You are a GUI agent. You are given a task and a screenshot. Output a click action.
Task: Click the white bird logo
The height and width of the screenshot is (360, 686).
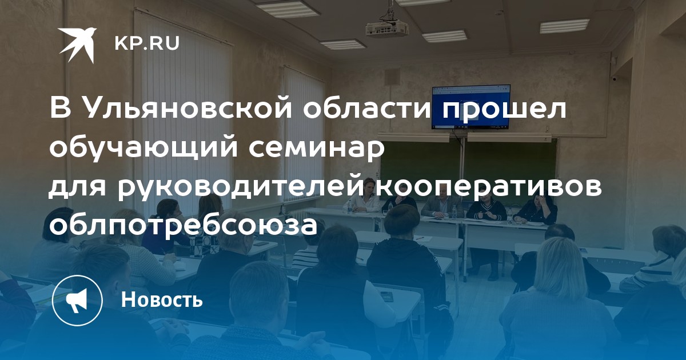pyautogui.click(x=78, y=45)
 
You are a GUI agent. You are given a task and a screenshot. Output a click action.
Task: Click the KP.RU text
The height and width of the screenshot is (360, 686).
pyautogui.click(x=147, y=43)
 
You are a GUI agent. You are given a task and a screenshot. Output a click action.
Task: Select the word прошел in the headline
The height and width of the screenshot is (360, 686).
pyautogui.click(x=504, y=109)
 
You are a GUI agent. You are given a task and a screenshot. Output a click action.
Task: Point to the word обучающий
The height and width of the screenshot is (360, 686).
pyautogui.click(x=144, y=148)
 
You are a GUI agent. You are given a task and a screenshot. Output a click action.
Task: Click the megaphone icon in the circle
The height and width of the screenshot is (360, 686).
pyautogui.click(x=77, y=301)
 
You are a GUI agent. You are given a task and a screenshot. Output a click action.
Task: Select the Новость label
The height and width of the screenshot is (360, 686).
pyautogui.click(x=162, y=299)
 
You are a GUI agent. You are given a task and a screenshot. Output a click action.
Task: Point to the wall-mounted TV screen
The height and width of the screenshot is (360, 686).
pyautogui.click(x=470, y=107)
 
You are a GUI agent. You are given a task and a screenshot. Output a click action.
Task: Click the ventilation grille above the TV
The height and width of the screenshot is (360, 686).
pyautogui.click(x=392, y=77)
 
